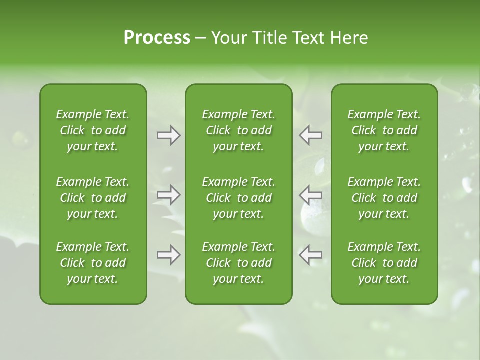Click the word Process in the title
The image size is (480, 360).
[157, 38]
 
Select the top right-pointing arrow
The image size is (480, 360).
[168, 135]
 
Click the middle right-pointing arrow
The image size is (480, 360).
[168, 194]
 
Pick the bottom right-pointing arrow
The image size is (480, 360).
[168, 255]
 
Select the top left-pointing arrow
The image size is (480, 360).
[311, 135]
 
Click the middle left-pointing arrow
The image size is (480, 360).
[311, 194]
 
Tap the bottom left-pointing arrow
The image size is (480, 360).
[311, 255]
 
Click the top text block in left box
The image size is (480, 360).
[93, 130]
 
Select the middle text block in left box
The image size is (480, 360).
[93, 198]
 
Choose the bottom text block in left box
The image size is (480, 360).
[93, 263]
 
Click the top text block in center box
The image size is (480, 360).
[238, 130]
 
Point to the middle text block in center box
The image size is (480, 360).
[238, 198]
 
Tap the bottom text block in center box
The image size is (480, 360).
[238, 263]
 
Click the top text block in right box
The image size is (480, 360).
[384, 130]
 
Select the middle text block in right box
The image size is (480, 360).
[384, 198]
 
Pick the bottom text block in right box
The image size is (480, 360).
[384, 263]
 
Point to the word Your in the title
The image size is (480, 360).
[229, 38]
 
